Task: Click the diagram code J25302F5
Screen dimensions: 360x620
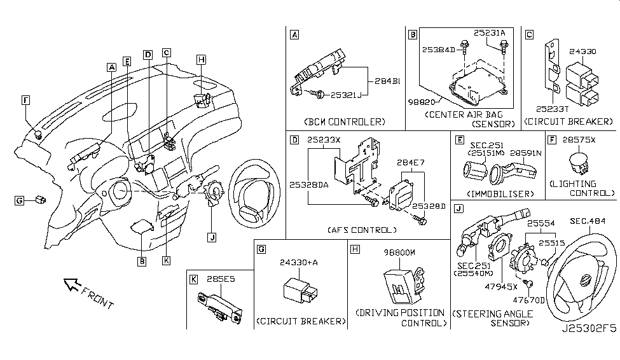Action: pyautogui.click(x=588, y=349)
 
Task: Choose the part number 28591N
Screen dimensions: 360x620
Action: pyautogui.click(x=520, y=153)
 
